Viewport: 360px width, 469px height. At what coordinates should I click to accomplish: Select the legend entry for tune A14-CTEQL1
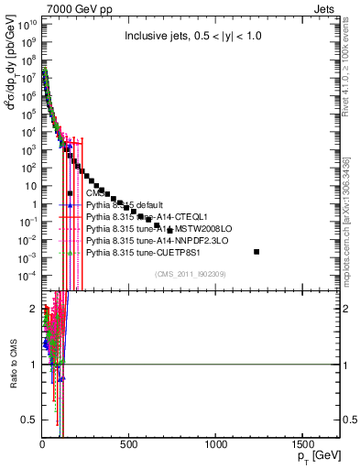[147, 216]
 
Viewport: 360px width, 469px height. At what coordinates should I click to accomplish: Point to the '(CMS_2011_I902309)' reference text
[191, 274]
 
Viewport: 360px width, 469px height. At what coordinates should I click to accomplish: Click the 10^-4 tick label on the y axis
[27, 276]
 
